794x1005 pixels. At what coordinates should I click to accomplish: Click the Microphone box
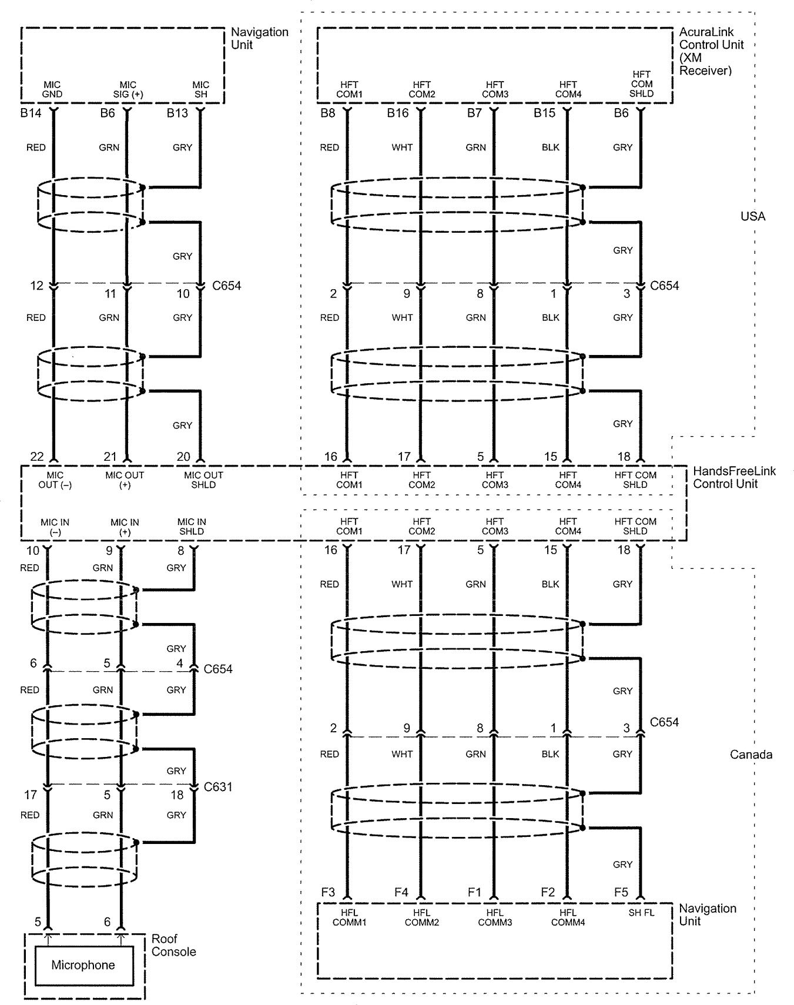[x=83, y=965]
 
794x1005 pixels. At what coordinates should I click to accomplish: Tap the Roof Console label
[x=173, y=945]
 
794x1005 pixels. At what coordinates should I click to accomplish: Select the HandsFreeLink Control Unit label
[x=734, y=477]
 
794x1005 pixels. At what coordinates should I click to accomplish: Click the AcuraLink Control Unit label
[x=711, y=51]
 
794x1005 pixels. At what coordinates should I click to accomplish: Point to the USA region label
[x=752, y=216]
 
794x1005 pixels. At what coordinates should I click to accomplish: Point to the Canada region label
[x=751, y=754]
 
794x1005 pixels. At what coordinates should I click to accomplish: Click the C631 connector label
[x=218, y=786]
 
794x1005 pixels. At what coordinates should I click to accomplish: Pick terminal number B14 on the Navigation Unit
[x=31, y=113]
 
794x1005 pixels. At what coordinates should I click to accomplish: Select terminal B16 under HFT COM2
[x=397, y=113]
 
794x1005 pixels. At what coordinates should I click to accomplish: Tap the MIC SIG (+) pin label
[x=128, y=89]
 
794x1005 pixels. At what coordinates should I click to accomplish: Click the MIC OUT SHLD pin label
[x=203, y=480]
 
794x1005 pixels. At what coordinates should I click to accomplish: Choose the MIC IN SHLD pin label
[x=192, y=526]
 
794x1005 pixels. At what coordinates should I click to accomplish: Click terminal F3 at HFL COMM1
[x=328, y=892]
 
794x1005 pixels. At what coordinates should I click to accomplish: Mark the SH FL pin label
[x=641, y=913]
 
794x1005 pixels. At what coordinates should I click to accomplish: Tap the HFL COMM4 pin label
[x=568, y=917]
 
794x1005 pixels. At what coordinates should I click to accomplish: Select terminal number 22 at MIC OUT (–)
[x=36, y=457]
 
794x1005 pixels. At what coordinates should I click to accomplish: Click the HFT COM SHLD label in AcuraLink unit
[x=641, y=84]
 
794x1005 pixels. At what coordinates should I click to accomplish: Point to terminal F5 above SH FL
[x=621, y=892]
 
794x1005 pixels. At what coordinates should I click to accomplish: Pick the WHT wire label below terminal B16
[x=402, y=148]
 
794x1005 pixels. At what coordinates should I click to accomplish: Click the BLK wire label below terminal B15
[x=550, y=148]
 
